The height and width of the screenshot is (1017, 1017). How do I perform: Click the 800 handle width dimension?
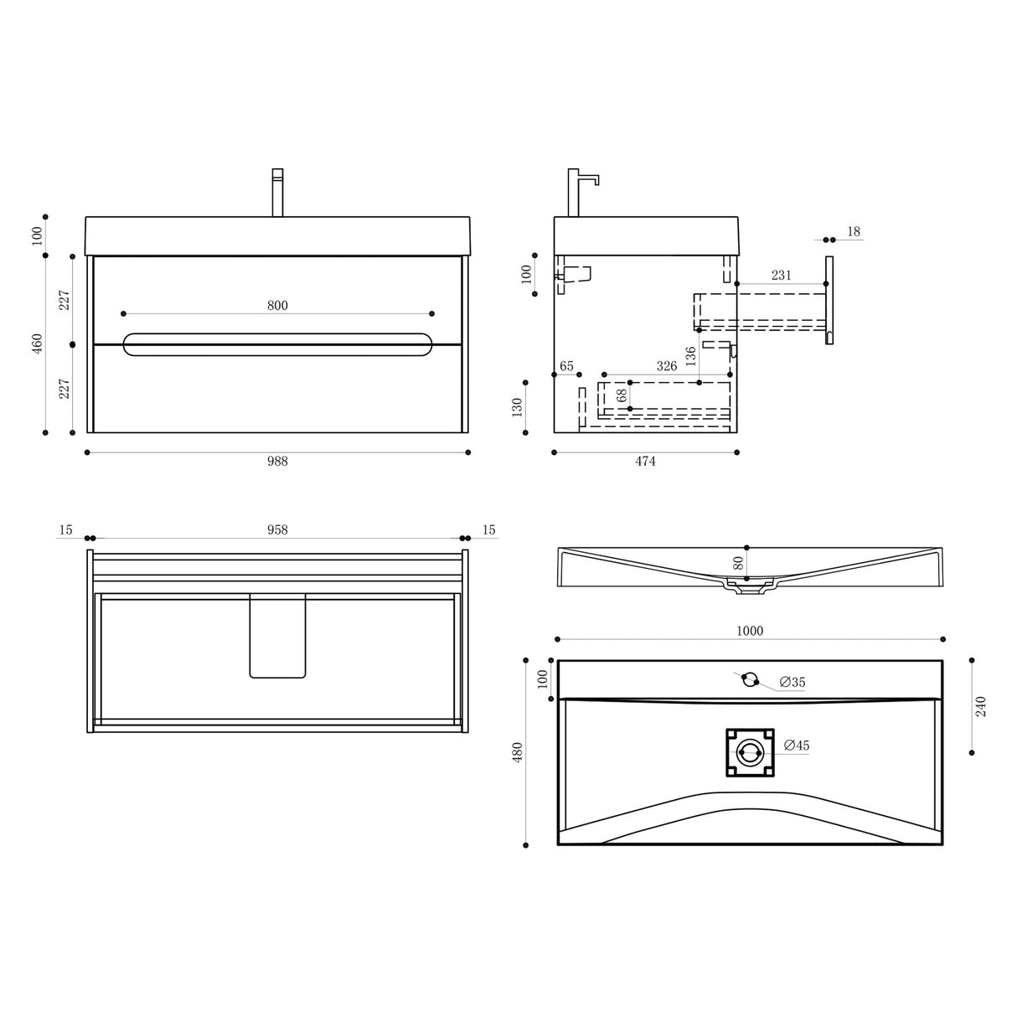click(x=277, y=306)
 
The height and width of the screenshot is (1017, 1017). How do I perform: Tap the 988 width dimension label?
click(x=277, y=461)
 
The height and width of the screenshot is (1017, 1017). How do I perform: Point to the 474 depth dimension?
click(x=645, y=461)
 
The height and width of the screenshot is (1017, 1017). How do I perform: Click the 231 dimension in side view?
click(x=781, y=275)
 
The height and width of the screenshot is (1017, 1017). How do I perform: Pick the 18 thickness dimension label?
click(x=854, y=231)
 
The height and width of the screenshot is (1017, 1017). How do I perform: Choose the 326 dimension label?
click(x=667, y=366)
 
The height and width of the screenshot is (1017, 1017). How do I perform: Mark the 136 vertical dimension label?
click(x=690, y=356)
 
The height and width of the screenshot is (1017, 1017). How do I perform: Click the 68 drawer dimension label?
click(x=622, y=395)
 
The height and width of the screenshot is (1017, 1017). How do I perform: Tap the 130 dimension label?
click(x=517, y=407)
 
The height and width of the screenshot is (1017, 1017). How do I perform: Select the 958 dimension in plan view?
click(x=277, y=529)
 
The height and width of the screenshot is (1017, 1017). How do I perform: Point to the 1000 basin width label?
click(x=750, y=631)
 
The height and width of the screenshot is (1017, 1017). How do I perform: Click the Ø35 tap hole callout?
click(x=792, y=683)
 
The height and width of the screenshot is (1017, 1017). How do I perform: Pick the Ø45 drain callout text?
click(x=797, y=745)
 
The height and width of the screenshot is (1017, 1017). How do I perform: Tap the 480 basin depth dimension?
click(x=518, y=751)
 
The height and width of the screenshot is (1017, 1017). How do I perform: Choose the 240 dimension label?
click(x=982, y=706)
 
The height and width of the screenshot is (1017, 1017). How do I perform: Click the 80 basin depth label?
click(x=738, y=562)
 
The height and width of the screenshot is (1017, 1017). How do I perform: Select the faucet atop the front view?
click(x=277, y=193)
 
